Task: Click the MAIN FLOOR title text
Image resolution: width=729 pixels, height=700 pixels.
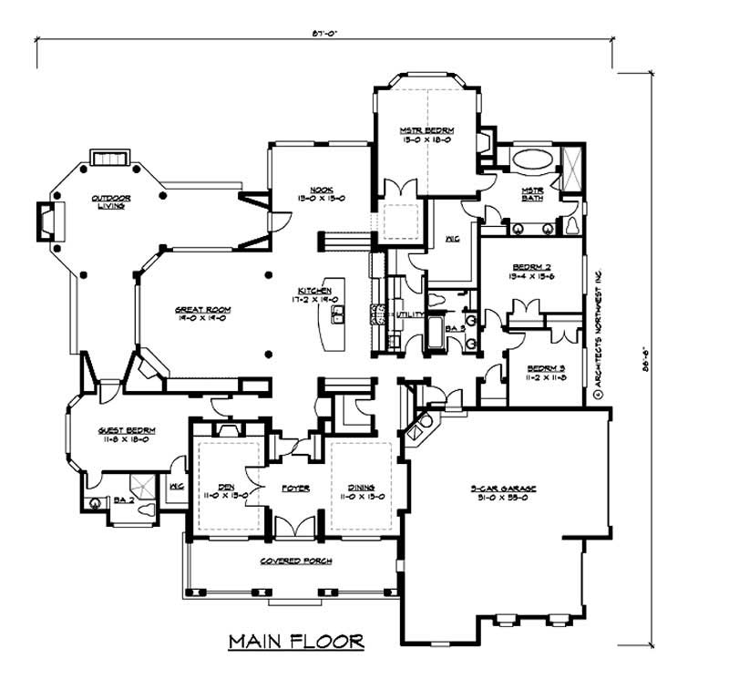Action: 296,642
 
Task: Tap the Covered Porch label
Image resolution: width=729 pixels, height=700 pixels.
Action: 294,559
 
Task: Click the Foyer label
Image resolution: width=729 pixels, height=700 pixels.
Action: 295,488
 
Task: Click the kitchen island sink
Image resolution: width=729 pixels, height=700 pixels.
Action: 335,315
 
